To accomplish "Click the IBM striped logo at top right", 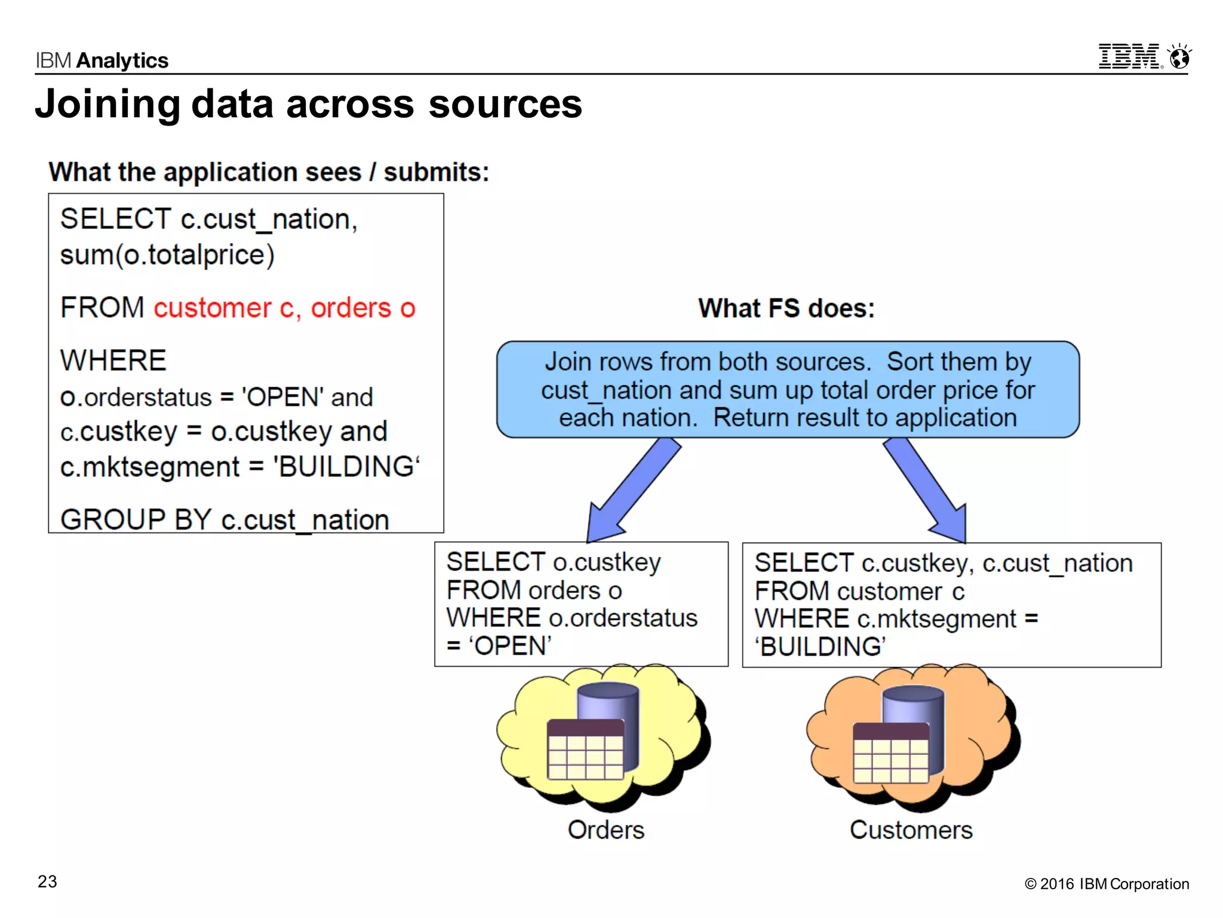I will click(x=1130, y=57).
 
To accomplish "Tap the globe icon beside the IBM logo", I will click(x=1179, y=57).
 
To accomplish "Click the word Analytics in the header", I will click(x=122, y=60).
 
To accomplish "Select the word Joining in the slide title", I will click(x=107, y=104).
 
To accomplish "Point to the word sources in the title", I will click(x=505, y=104).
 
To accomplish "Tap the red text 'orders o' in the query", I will click(x=362, y=308).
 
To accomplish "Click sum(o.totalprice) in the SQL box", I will click(x=167, y=255).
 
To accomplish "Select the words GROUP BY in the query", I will click(x=136, y=519).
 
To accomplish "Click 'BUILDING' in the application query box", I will click(x=346, y=467).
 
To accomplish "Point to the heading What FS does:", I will click(x=786, y=308).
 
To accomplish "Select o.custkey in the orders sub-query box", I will click(x=607, y=562).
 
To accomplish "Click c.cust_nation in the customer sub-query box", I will click(x=1057, y=564).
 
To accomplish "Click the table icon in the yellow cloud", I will click(x=585, y=750).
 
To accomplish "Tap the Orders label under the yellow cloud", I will click(x=606, y=830).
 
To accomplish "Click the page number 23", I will click(x=47, y=882).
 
